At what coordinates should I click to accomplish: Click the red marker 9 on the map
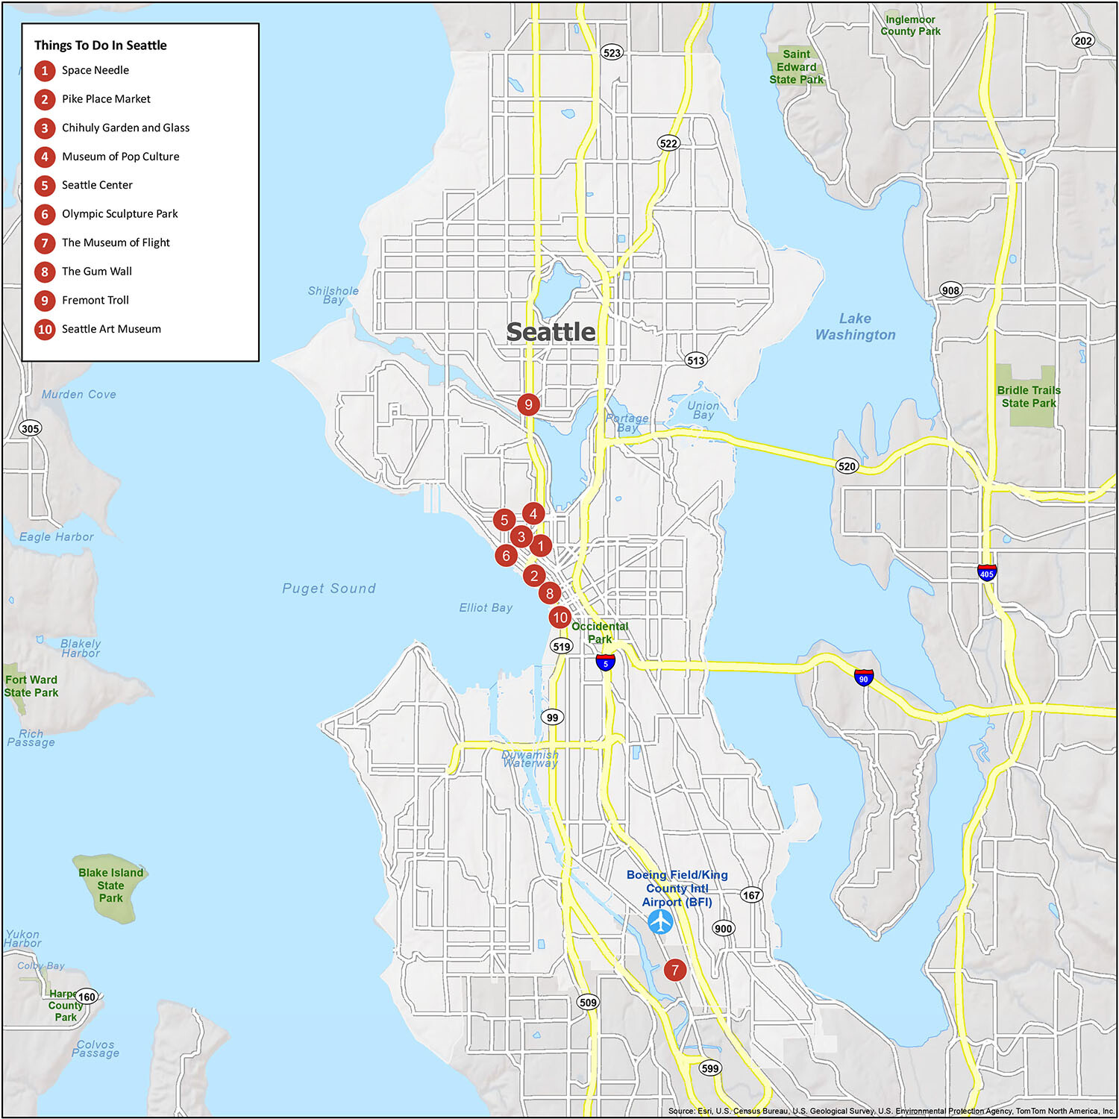pyautogui.click(x=528, y=404)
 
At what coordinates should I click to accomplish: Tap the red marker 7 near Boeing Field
pyautogui.click(x=675, y=970)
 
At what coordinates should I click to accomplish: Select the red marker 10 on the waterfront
pyautogui.click(x=560, y=618)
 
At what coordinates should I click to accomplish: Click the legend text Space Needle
pyautogui.click(x=95, y=70)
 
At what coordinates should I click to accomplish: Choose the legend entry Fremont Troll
pyautogui.click(x=95, y=300)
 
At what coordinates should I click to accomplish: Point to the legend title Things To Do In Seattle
pyautogui.click(x=100, y=46)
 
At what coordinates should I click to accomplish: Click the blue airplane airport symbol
pyautogui.click(x=660, y=922)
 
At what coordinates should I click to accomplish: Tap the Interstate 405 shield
pyautogui.click(x=987, y=573)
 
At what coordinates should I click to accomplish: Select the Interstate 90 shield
pyautogui.click(x=863, y=678)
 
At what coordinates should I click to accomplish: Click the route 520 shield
pyautogui.click(x=847, y=466)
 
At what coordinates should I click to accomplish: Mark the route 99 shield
pyautogui.click(x=552, y=718)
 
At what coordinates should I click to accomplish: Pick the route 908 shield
pyautogui.click(x=950, y=290)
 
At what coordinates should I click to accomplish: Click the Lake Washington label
pyautogui.click(x=855, y=327)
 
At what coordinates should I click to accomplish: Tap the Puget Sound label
pyautogui.click(x=329, y=589)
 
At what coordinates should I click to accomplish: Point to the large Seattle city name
pyautogui.click(x=551, y=332)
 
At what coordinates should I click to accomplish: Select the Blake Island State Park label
pyautogui.click(x=110, y=886)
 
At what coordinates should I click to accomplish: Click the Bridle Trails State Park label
pyautogui.click(x=1029, y=397)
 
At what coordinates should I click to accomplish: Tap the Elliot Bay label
pyautogui.click(x=486, y=608)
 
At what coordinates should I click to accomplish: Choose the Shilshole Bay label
pyautogui.click(x=333, y=295)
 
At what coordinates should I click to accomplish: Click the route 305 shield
pyautogui.click(x=30, y=428)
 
